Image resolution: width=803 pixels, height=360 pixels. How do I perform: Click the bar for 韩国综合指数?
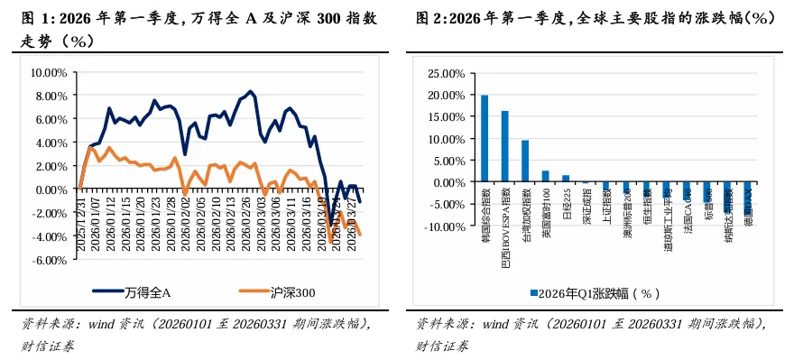pos(485,139)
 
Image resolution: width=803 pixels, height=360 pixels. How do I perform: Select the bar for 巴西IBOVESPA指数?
pos(505,146)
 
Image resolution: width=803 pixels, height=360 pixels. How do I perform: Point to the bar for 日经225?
pos(566,179)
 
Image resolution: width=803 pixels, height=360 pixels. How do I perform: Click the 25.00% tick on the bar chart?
pos(447,73)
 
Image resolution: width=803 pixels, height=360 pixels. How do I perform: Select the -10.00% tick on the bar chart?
pos(446,226)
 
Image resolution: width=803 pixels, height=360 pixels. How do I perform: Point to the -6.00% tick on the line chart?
pos(51,260)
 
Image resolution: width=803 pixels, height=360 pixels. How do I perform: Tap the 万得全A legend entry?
pos(135,292)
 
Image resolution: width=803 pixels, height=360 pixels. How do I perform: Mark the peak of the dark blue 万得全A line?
pos(250,91)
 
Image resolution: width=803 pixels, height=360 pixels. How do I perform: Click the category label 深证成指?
pos(586,203)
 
